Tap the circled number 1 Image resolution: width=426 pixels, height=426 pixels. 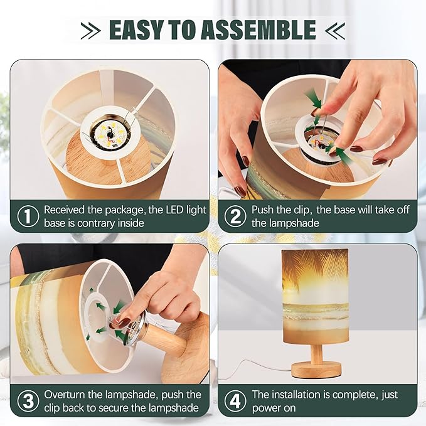click(28, 216)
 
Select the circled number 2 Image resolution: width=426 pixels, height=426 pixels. click(235, 216)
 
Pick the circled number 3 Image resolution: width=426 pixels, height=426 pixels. click(28, 401)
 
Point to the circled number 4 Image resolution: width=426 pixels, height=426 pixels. click(235, 401)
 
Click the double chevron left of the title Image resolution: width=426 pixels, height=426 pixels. click(90, 30)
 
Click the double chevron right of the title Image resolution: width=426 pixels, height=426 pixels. click(335, 30)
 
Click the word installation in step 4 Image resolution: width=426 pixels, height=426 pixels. click(296, 395)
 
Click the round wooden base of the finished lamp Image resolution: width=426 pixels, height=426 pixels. click(316, 370)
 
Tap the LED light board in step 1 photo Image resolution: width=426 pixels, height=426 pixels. click(110, 133)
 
